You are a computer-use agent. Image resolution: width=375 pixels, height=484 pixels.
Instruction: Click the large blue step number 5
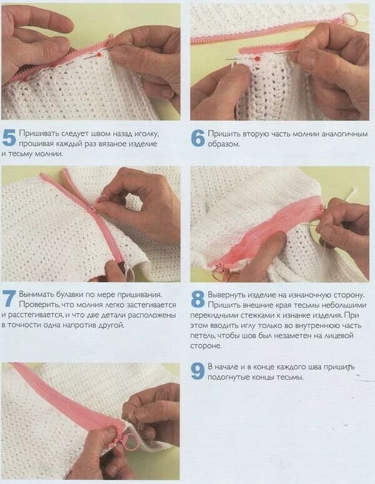pyautogui.click(x=9, y=138)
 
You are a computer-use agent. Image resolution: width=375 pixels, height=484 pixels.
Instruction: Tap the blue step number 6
pyautogui.click(x=197, y=138)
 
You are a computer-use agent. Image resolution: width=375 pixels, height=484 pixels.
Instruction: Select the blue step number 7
pyautogui.click(x=9, y=299)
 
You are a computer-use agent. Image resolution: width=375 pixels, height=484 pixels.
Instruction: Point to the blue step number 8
pyautogui.click(x=197, y=299)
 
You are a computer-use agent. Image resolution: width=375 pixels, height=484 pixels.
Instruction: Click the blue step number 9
pyautogui.click(x=197, y=371)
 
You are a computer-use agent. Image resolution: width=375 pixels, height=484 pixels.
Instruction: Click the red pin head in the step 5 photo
pyautogui.click(x=99, y=54)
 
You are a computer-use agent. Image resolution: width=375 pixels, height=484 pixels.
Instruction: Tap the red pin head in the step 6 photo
pyautogui.click(x=257, y=58)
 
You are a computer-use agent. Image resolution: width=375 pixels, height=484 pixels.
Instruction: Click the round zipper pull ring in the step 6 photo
pyautogui.click(x=350, y=19)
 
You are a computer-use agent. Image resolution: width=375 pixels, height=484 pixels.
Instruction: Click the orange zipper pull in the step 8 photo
pyautogui.click(x=222, y=275)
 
